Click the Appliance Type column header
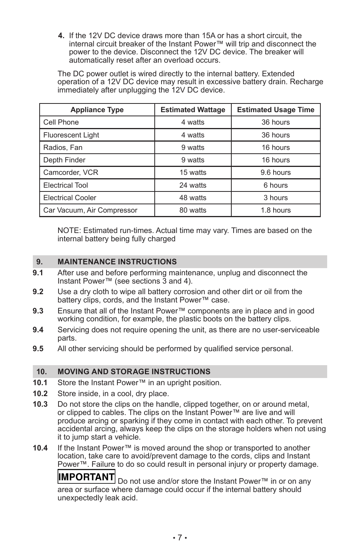point(97,110)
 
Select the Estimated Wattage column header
point(193,110)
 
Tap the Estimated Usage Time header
point(275,110)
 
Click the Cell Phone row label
point(61,122)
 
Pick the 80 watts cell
point(193,210)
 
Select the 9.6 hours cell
point(275,173)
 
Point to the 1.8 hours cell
point(275,210)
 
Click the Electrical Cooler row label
point(70,198)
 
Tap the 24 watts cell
point(193,185)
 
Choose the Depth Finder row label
point(65,160)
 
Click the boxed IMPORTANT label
point(86,477)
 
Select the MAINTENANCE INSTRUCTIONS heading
point(117,262)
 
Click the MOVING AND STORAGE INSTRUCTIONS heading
point(134,372)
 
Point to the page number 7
point(180,537)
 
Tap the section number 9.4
point(38,330)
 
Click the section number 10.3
point(40,404)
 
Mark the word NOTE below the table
point(69,231)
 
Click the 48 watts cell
point(193,198)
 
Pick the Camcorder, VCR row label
point(71,173)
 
